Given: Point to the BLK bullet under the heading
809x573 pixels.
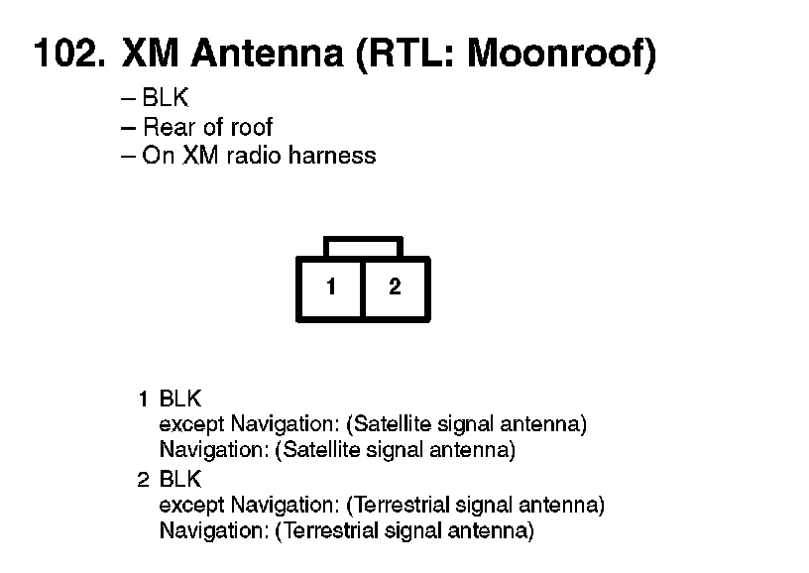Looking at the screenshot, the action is [165, 99].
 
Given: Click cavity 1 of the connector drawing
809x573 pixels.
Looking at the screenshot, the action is [331, 287].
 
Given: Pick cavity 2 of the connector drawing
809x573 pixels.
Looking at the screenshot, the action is [395, 287].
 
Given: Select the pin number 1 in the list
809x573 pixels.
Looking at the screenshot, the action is [144, 400].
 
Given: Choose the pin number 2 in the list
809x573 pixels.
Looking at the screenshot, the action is [144, 480].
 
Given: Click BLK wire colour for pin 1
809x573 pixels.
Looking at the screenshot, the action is [180, 400].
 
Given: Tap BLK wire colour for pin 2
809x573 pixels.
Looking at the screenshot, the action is [180, 480].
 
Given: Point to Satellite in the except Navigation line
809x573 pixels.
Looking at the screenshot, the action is [395, 425].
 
